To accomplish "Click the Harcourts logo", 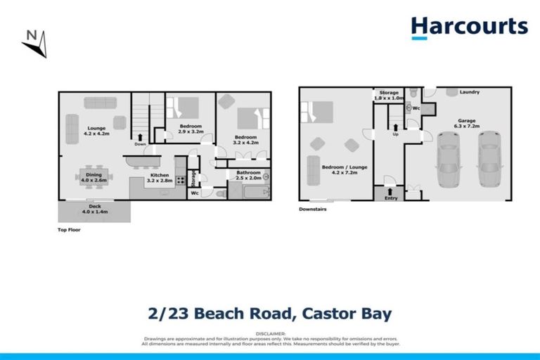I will [x=469, y=27].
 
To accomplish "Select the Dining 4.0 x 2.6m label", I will [x=94, y=176].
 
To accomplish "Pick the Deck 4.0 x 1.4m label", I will [x=94, y=209].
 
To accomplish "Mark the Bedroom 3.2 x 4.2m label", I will [x=245, y=139].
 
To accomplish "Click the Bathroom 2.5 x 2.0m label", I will [x=248, y=175].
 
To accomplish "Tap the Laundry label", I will [x=469, y=92].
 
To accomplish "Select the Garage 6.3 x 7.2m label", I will [x=466, y=123].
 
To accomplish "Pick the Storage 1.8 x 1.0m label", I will [x=390, y=95].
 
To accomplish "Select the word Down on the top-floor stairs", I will [x=140, y=144].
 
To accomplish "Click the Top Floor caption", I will [x=69, y=230].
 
